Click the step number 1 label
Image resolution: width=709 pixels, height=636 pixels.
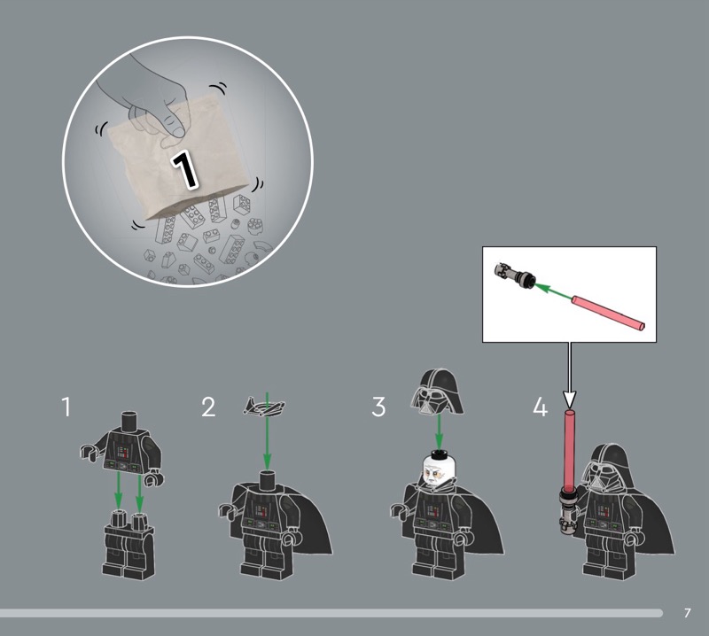(x=66, y=407)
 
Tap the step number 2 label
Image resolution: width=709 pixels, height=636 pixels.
(x=208, y=407)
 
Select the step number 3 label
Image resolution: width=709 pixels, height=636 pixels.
(x=378, y=407)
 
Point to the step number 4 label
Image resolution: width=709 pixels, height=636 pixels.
(x=541, y=407)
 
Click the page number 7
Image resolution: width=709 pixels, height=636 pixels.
(x=688, y=613)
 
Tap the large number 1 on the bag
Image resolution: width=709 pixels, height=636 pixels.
(x=184, y=170)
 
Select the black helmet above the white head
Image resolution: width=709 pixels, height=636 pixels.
(x=437, y=392)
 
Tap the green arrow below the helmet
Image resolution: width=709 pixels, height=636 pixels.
(x=438, y=430)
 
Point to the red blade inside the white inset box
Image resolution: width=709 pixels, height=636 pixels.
(x=608, y=312)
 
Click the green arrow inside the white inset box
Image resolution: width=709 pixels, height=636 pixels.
(x=555, y=291)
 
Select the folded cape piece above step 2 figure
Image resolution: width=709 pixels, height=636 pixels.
(x=264, y=406)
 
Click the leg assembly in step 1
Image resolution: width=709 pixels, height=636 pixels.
(x=129, y=544)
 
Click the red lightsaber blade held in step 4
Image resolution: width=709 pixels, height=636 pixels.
(x=569, y=447)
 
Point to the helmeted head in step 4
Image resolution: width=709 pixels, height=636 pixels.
(x=607, y=470)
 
